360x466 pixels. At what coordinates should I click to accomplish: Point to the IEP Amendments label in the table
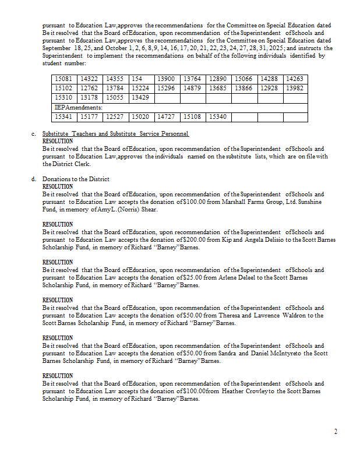click(x=78, y=107)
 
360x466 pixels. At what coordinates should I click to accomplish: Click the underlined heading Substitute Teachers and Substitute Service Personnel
click(x=115, y=134)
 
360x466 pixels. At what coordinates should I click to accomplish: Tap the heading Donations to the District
click(x=76, y=179)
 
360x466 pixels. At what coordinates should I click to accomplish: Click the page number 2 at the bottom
click(x=336, y=432)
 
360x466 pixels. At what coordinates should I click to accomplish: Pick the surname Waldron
click(x=282, y=315)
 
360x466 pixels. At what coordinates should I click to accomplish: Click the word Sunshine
click(x=309, y=202)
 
